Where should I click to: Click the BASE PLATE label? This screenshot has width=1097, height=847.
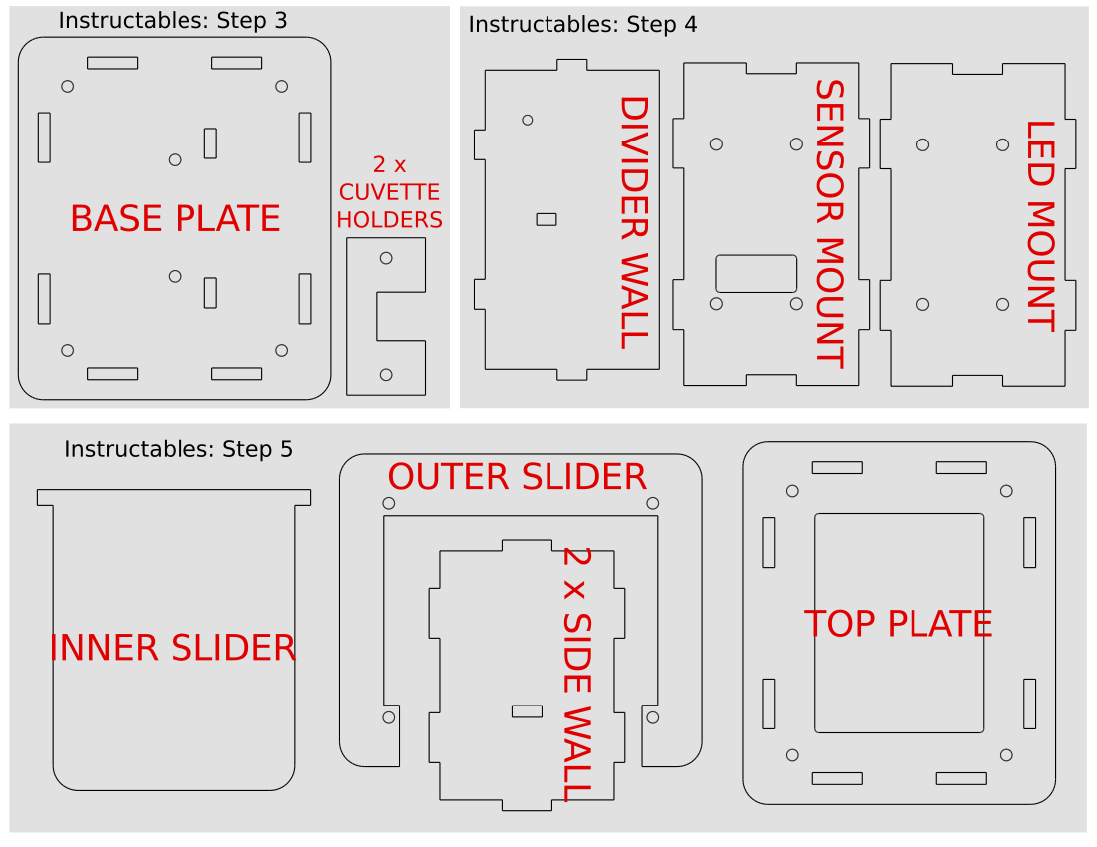(176, 219)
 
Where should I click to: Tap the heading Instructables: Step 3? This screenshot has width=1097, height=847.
(173, 20)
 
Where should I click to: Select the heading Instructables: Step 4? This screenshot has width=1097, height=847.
(582, 25)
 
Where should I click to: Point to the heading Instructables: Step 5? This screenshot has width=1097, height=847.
(179, 449)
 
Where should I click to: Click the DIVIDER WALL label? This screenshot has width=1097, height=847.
(635, 222)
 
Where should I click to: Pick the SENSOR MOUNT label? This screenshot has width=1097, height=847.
(831, 223)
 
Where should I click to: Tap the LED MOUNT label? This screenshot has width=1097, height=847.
(1041, 226)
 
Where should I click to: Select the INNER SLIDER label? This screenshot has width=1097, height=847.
(173, 648)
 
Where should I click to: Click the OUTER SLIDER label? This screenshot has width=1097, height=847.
(517, 477)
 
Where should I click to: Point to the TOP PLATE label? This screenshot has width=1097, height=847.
(899, 624)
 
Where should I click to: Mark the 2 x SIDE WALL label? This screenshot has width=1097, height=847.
(577, 675)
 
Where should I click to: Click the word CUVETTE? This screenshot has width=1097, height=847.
(389, 192)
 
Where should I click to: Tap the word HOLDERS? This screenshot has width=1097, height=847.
(389, 220)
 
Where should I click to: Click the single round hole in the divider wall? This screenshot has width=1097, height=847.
(528, 121)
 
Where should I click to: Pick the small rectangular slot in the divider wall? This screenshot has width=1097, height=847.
(547, 219)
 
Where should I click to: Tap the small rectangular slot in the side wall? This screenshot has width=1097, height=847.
(527, 711)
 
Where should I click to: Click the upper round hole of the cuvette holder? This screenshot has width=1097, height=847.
(386, 258)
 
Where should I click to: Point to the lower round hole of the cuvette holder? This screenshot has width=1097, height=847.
(386, 375)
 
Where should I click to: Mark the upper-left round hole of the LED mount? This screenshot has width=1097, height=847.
(923, 144)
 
